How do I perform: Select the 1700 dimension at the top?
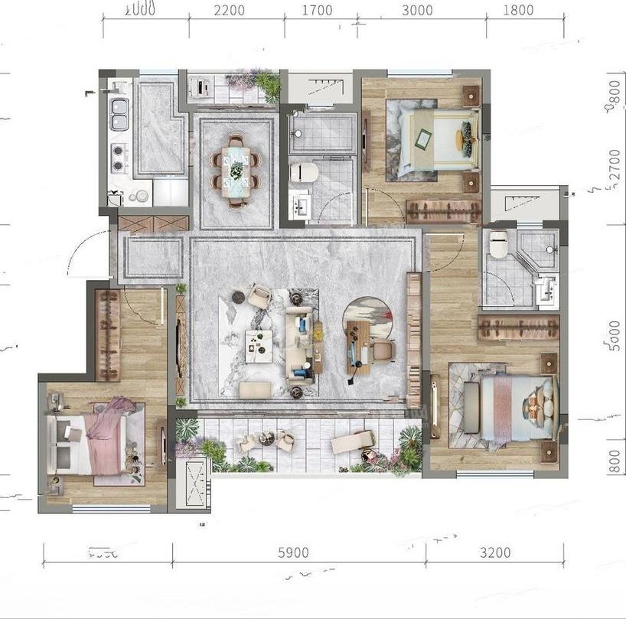pyautogui.click(x=317, y=11)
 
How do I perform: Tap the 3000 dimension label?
pyautogui.click(x=416, y=11)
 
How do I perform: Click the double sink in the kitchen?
pyautogui.click(x=119, y=113)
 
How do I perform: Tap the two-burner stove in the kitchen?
pyautogui.click(x=119, y=157)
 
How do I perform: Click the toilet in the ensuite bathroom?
pyautogui.click(x=498, y=244)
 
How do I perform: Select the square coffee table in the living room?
pyautogui.click(x=258, y=344)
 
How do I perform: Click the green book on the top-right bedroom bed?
pyautogui.click(x=422, y=138)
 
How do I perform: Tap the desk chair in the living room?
pyautogui.click(x=383, y=350)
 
